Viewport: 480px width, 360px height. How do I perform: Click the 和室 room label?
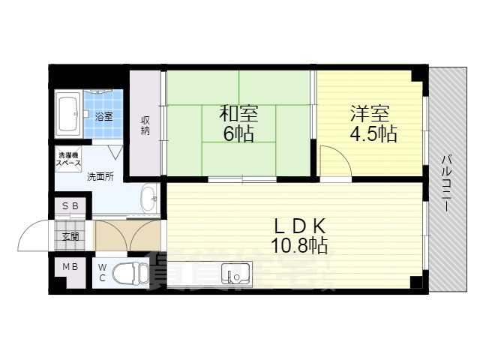point(238,115)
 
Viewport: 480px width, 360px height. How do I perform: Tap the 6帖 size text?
point(238,134)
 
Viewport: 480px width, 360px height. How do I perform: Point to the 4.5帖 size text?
point(372,136)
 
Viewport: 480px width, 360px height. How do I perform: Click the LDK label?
point(298,225)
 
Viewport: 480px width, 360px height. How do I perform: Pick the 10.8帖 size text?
point(299,245)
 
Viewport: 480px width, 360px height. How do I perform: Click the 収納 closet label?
point(145,126)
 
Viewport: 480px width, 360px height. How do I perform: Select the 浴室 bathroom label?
point(103,116)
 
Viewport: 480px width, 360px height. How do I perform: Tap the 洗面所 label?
point(99,177)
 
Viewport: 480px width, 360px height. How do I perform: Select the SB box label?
point(70,205)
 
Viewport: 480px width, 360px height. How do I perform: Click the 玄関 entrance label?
point(70,235)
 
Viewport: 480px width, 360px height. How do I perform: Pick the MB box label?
point(70,266)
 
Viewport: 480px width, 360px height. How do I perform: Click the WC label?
point(103,273)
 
